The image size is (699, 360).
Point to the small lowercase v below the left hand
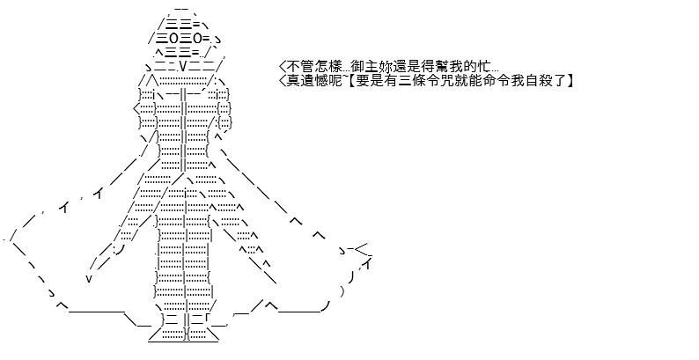[89, 278]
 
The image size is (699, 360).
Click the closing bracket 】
[570, 81]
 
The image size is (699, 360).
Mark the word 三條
[409, 81]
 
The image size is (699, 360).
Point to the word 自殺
[543, 81]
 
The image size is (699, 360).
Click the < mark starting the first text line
[283, 67]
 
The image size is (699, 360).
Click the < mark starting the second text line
[283, 81]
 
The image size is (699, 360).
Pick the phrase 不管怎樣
[313, 67]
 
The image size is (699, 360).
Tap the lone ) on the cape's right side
[342, 292]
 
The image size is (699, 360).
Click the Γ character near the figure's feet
[208, 320]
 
